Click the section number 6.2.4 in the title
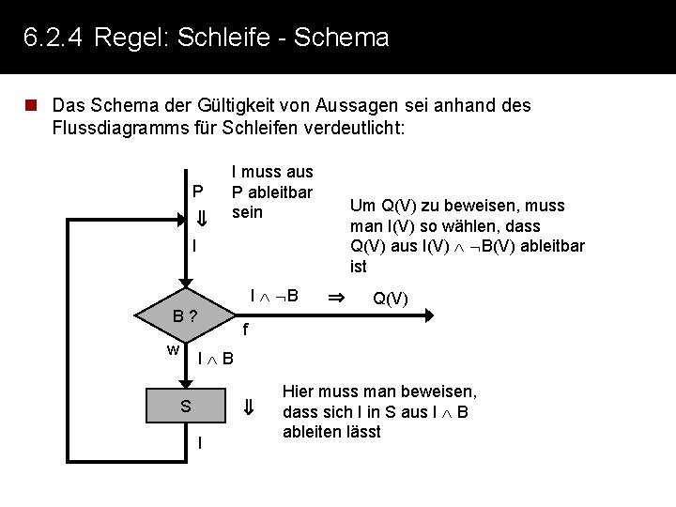[53, 38]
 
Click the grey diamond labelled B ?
[186, 315]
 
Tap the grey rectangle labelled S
[186, 406]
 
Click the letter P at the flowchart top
[198, 192]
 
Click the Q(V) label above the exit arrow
[391, 299]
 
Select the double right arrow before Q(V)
[335, 298]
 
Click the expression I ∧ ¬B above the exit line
[274, 296]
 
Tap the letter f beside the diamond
[244, 330]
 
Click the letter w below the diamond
[173, 350]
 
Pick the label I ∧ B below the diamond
[216, 359]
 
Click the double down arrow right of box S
[249, 407]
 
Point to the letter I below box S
[199, 443]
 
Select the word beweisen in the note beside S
[442, 392]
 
